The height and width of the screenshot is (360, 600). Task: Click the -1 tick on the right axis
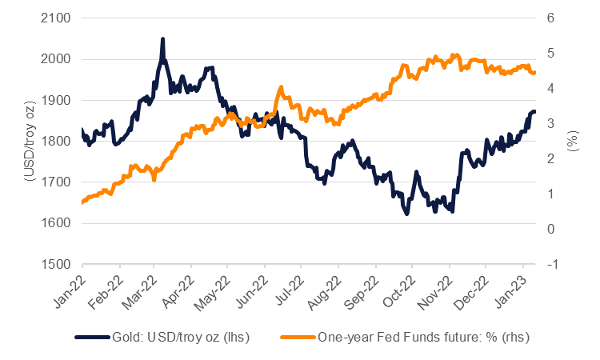click(x=551, y=264)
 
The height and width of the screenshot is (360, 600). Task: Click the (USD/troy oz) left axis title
click(x=26, y=141)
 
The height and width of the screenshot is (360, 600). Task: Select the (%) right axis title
click(x=573, y=141)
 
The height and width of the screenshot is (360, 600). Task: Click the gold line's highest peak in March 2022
click(x=162, y=38)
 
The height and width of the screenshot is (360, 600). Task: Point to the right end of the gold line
click(x=534, y=111)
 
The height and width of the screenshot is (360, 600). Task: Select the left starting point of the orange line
click(x=82, y=202)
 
